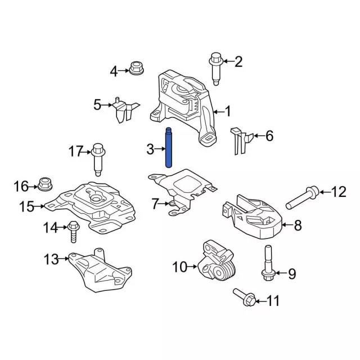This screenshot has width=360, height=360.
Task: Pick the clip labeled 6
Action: click(x=240, y=140)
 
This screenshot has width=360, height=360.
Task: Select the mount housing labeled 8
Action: click(x=255, y=217)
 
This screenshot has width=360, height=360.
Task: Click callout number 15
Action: click(x=26, y=207)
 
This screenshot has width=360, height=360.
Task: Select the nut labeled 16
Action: click(x=44, y=183)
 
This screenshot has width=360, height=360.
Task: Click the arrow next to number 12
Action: click(x=323, y=192)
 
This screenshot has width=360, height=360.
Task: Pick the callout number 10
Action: click(x=179, y=267)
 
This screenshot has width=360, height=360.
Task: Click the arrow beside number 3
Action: click(x=159, y=149)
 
